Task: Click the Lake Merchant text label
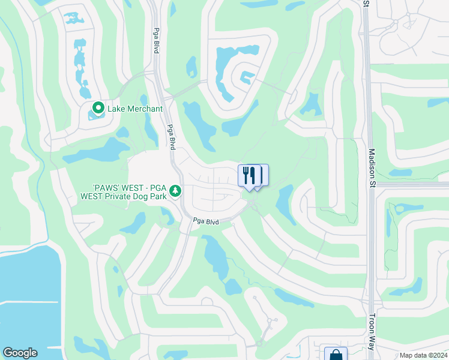tap(135, 109)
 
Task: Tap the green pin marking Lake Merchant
tap(98, 109)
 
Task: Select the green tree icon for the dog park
tap(175, 191)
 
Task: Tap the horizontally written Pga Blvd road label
tap(206, 221)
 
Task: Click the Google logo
tap(20, 353)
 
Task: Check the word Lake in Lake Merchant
tap(115, 109)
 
